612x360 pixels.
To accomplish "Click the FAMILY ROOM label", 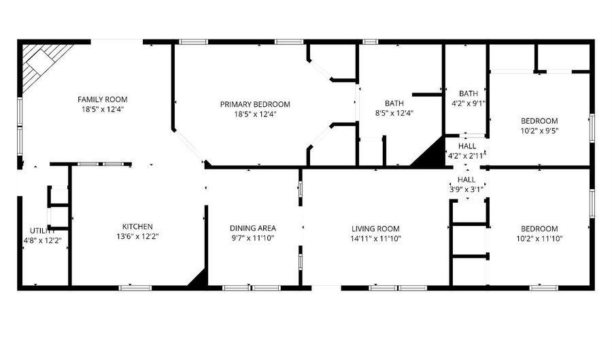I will [102, 99].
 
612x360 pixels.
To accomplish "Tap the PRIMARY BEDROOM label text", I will [255, 104].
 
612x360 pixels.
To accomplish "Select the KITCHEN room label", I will [137, 227].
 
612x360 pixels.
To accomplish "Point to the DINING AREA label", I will [252, 228].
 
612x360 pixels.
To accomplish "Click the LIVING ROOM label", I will [375, 229].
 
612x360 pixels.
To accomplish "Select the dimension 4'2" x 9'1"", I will [469, 104].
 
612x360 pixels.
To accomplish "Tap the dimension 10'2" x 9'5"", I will [539, 131].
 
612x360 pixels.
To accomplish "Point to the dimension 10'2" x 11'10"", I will [539, 238].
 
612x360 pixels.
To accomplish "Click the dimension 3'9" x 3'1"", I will [466, 190].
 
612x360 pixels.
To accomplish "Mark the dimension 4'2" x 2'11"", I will [466, 156].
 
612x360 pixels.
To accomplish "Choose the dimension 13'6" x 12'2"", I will [137, 236].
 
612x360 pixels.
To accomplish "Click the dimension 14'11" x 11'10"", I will [375, 238].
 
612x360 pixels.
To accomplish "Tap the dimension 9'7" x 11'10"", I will [252, 238].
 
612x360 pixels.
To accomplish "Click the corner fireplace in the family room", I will [40, 66].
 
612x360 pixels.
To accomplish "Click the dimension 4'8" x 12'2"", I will [43, 240].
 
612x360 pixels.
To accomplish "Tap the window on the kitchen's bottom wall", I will [135, 288].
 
